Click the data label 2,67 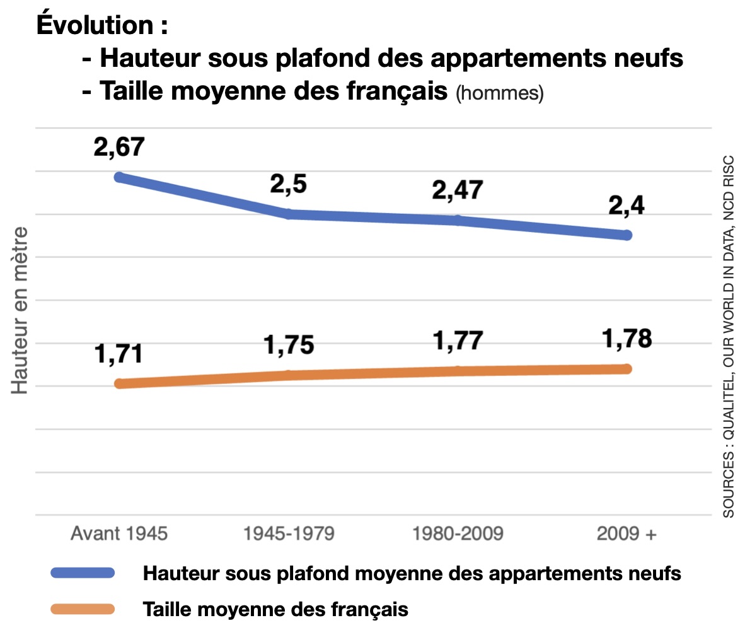(x=118, y=148)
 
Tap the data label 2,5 (x=288, y=185)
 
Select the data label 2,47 (x=457, y=190)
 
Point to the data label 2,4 (x=626, y=206)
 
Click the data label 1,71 (x=118, y=354)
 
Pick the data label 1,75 (x=288, y=346)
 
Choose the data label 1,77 (x=457, y=341)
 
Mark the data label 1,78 (x=626, y=339)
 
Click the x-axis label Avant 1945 (x=119, y=534)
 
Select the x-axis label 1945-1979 (x=289, y=534)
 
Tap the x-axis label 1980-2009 (x=458, y=534)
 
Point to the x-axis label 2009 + (x=627, y=534)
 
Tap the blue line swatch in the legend (x=83, y=573)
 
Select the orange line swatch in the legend (x=83, y=609)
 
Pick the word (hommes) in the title (x=499, y=93)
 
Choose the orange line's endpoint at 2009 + (x=626, y=368)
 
